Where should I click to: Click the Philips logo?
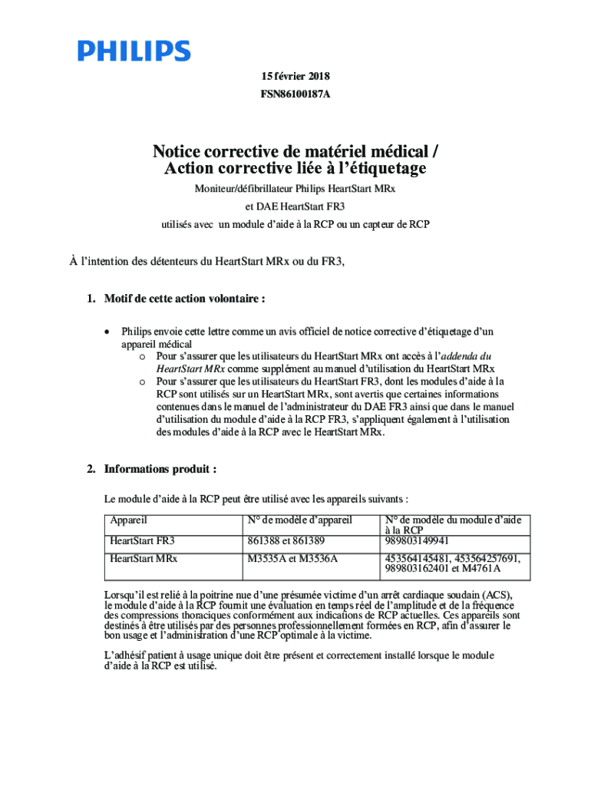(134, 52)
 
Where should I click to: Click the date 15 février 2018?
(295, 77)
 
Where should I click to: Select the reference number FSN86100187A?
(295, 95)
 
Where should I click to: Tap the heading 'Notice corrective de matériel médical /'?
(295, 150)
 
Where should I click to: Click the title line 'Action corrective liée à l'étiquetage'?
(295, 168)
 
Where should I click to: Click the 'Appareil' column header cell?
(129, 520)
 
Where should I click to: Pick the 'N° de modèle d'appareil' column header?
(299, 520)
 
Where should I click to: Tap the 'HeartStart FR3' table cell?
(142, 540)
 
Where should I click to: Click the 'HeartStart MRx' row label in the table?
(144, 558)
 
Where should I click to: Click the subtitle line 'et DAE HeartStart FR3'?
(295, 206)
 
